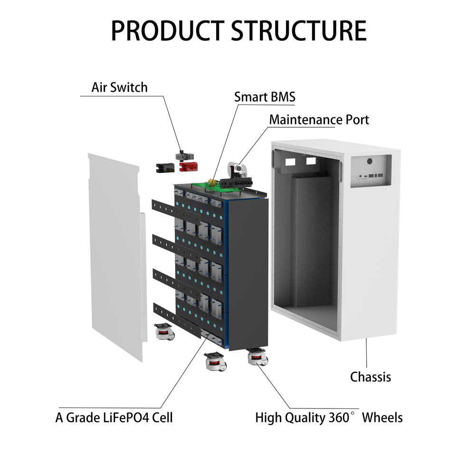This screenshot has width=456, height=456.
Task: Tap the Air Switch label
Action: [x=119, y=87]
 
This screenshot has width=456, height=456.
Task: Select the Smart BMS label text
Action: [x=265, y=97]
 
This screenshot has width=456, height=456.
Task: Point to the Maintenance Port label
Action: [x=319, y=119]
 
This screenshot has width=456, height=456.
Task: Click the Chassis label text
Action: [x=370, y=377]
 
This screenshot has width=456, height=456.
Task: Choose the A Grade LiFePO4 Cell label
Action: [x=114, y=418]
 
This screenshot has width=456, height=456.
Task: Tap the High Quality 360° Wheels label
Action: [x=329, y=418]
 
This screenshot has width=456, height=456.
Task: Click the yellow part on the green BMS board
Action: [x=210, y=182]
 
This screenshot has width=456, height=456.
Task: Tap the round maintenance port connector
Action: [x=236, y=167]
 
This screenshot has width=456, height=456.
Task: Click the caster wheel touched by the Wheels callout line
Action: [x=257, y=357]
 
